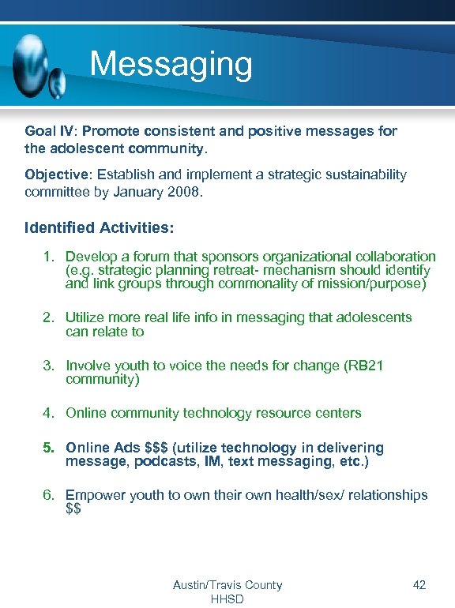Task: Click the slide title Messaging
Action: [171, 65]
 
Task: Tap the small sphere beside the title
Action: [58, 80]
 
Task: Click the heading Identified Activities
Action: [99, 228]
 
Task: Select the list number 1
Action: [49, 257]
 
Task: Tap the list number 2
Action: [49, 317]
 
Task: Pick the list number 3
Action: [49, 366]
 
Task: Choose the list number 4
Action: [49, 413]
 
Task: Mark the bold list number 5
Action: [49, 448]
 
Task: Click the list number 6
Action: [49, 495]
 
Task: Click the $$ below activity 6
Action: [73, 509]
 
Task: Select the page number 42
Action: [419, 585]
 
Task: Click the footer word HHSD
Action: [227, 599]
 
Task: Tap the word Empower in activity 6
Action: [96, 495]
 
